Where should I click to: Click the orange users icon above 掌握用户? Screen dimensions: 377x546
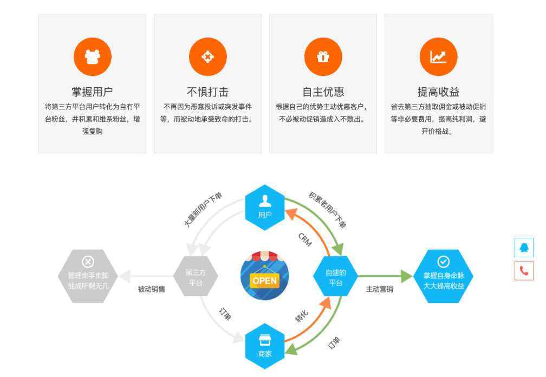[x=93, y=57]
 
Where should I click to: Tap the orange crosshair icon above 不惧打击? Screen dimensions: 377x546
[x=207, y=57]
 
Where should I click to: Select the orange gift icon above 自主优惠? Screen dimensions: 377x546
[x=323, y=57]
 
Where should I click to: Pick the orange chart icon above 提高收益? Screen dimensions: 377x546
[x=438, y=57]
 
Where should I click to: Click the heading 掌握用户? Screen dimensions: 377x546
[x=92, y=92]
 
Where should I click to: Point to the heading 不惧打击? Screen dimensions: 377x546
[x=207, y=92]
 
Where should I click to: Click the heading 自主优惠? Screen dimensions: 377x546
[x=323, y=92]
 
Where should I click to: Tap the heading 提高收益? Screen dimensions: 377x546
[x=438, y=92]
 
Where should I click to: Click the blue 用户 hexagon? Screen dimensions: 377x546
[x=265, y=207]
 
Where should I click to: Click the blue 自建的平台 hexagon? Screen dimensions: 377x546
[x=335, y=277]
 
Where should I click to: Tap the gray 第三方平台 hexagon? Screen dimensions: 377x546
[x=196, y=277]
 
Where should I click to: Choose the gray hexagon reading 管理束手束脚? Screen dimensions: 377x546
[x=88, y=276]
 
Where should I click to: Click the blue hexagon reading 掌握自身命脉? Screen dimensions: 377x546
[x=443, y=276]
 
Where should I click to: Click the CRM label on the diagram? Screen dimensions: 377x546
[x=305, y=239]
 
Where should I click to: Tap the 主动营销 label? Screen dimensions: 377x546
[x=379, y=289]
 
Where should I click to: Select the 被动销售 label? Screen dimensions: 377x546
[x=151, y=289]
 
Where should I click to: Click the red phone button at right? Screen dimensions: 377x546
[x=524, y=271]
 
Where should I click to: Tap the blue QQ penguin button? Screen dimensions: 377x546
[x=524, y=248]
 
